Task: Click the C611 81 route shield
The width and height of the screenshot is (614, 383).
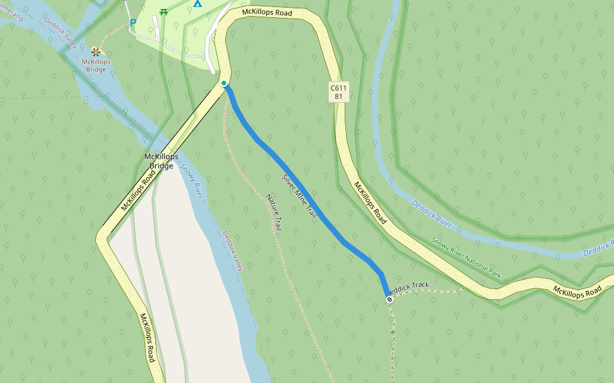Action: point(339,92)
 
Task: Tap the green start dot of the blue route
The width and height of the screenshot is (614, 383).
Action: point(223,84)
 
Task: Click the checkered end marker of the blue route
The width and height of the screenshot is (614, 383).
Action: point(389,299)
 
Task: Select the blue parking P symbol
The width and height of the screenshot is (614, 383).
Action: point(133,23)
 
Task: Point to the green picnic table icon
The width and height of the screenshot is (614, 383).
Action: point(164,11)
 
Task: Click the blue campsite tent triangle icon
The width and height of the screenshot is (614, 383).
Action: point(198,4)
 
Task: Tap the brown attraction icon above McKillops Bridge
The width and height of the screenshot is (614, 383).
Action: point(96,51)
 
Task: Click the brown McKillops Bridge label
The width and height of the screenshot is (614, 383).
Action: point(96,66)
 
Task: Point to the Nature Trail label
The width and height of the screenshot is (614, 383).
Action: point(274,213)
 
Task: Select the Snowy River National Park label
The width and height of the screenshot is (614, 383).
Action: point(466,258)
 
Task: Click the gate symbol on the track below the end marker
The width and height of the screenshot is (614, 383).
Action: point(392,333)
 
